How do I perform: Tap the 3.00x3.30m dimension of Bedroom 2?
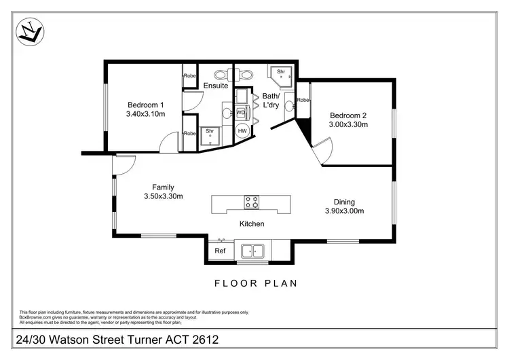pos(348,124)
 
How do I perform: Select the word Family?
pos(163,187)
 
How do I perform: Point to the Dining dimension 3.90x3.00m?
pos(344,211)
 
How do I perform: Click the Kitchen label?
pos(251,223)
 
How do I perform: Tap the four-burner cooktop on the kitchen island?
pos(252,202)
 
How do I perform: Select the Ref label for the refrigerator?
pos(219,251)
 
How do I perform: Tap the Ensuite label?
pos(216,86)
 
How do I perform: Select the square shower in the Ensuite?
pos(210,133)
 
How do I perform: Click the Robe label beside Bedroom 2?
pos(303,101)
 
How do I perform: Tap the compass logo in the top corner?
pos(31,31)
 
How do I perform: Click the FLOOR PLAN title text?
pos(255,283)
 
